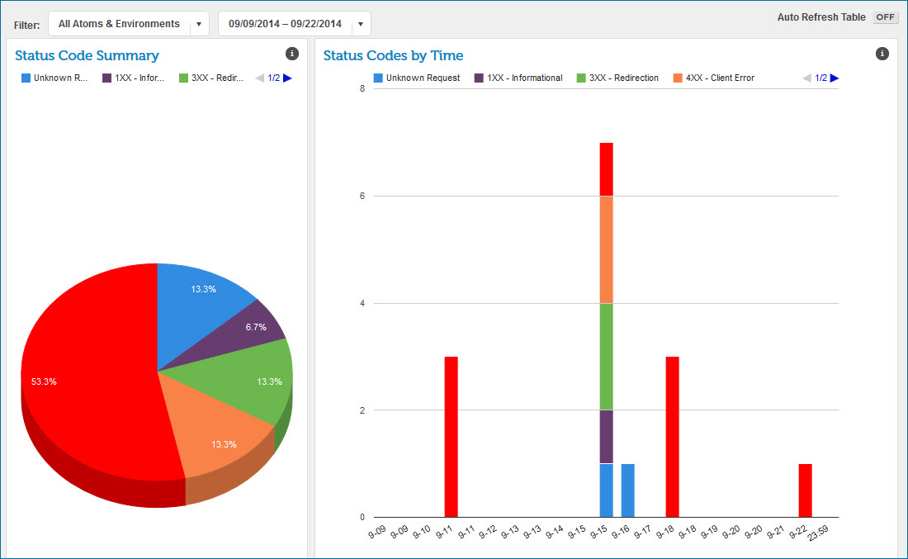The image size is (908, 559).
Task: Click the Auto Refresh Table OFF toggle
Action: tap(885, 17)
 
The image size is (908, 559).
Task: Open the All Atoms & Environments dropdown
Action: tap(128, 24)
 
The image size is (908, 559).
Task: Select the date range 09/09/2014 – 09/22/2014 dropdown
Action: tap(294, 24)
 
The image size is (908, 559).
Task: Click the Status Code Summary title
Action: tap(87, 55)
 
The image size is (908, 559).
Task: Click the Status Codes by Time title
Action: tap(393, 55)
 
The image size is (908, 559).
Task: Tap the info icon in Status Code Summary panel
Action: tap(291, 54)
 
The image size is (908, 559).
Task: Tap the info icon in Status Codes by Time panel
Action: tap(882, 54)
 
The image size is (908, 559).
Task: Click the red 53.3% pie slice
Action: tap(83, 372)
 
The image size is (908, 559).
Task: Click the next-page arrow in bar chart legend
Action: tap(835, 78)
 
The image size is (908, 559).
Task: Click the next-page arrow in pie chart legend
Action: tap(287, 78)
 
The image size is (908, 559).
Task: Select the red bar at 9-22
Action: tap(805, 490)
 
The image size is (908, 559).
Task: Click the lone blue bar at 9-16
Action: tap(627, 490)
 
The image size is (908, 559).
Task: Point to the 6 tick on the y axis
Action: tap(362, 196)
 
